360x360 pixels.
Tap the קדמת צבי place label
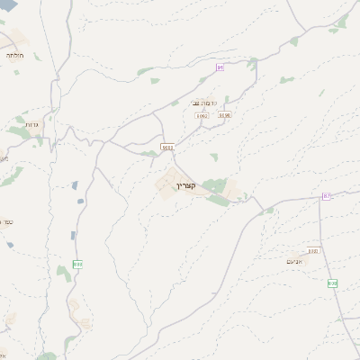click(202, 103)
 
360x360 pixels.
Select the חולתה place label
click(14, 56)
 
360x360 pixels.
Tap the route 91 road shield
click(219, 67)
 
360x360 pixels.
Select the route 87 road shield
click(326, 195)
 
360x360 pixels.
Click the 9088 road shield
click(167, 146)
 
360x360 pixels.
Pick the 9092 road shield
click(201, 115)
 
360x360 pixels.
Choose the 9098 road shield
click(224, 115)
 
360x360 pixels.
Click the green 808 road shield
click(332, 283)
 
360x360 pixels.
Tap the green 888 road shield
click(77, 264)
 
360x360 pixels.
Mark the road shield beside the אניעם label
click(312, 251)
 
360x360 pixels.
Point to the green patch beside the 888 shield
click(64, 269)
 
